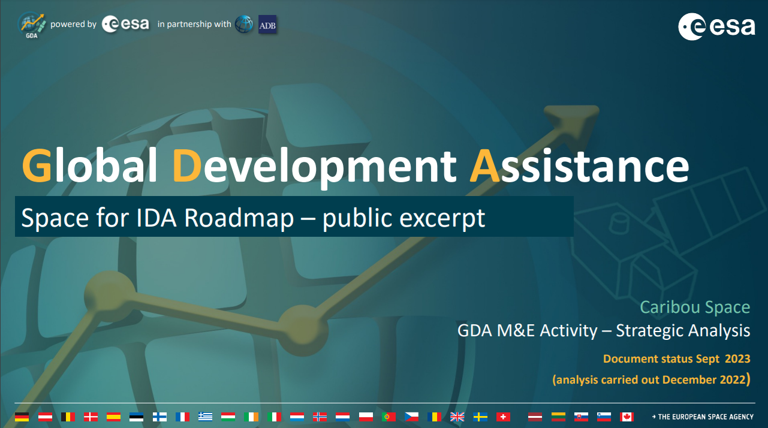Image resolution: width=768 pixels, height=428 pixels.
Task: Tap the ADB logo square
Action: pos(267,25)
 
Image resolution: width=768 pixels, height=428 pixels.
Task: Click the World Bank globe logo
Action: pos(244,25)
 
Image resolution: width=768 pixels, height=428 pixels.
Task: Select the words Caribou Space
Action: pos(695,308)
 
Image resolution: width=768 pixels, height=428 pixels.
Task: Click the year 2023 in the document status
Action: pos(737,359)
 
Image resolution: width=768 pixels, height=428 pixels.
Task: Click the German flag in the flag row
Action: pos(22,417)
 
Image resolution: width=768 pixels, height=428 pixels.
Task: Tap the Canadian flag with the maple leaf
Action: pos(627,417)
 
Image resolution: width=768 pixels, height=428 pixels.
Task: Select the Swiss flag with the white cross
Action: pos(503,417)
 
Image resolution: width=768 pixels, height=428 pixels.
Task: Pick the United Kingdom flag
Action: pos(457,417)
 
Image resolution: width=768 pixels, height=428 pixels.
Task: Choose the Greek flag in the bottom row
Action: pos(205,417)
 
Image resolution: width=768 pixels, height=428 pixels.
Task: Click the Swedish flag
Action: pos(480,417)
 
